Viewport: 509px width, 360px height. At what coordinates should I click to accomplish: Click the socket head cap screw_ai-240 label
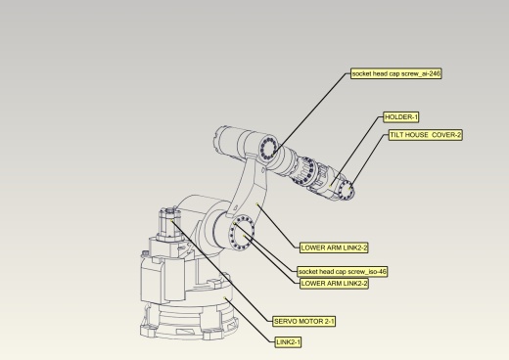[x=396, y=73]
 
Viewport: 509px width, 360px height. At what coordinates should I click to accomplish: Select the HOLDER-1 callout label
[x=401, y=117]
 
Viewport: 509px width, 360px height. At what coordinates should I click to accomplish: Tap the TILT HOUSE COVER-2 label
[x=425, y=135]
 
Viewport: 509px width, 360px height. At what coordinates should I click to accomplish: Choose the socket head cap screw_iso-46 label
[x=343, y=271]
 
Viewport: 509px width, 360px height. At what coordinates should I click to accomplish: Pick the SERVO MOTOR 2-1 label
[x=304, y=320]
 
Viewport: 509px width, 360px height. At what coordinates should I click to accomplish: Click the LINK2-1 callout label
[x=289, y=341]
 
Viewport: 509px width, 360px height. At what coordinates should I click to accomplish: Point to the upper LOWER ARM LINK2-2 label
[x=334, y=247]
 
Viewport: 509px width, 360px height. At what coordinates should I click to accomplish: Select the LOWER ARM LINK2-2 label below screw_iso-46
[x=334, y=283]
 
